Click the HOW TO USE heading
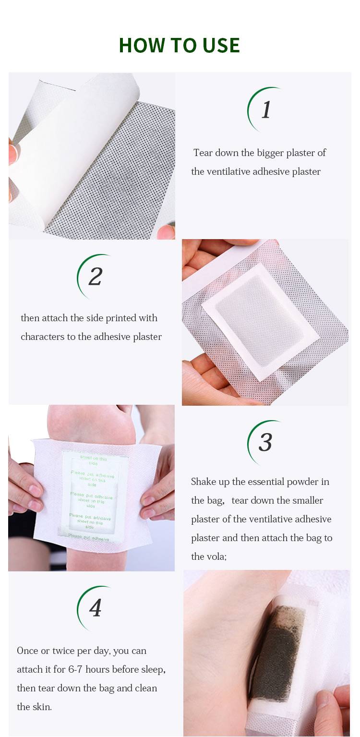pyautogui.click(x=179, y=45)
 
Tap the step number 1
pyautogui.click(x=266, y=109)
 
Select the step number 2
pyautogui.click(x=96, y=277)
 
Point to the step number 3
pyautogui.click(x=265, y=442)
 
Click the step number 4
pyautogui.click(x=96, y=608)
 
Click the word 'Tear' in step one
pyautogui.click(x=203, y=153)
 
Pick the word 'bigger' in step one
pyautogui.click(x=270, y=153)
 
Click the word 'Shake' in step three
pyautogui.click(x=204, y=482)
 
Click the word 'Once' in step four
pyautogui.click(x=27, y=651)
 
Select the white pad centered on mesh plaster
pyautogui.click(x=260, y=321)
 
